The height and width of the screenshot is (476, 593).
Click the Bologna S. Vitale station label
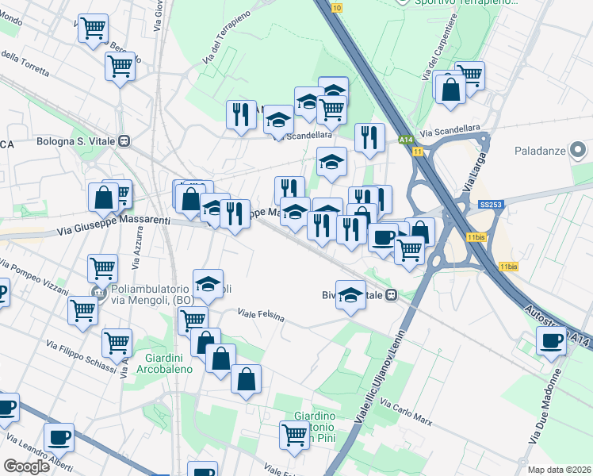pyautogui.click(x=76, y=142)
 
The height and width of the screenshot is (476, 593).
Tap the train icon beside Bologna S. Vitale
pyautogui.click(x=124, y=142)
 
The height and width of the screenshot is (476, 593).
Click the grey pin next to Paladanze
pyautogui.click(x=578, y=148)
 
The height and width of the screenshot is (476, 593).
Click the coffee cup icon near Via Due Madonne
pyautogui.click(x=551, y=341)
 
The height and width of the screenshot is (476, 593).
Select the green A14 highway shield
pyautogui.click(x=403, y=140)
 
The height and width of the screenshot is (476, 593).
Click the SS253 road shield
pyautogui.click(x=489, y=204)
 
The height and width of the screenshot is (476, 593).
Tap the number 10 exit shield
pyautogui.click(x=338, y=7)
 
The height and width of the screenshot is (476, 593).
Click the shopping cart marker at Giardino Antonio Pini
pyautogui.click(x=294, y=434)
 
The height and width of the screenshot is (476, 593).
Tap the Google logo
pyautogui.click(x=26, y=466)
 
